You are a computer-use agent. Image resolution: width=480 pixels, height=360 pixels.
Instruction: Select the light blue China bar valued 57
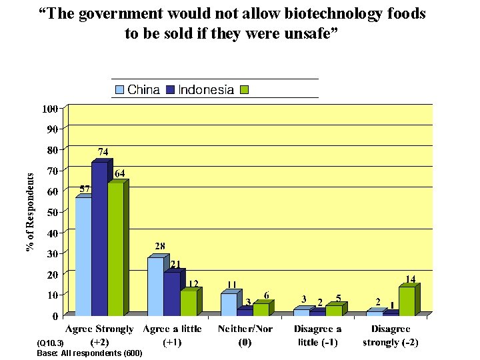83,256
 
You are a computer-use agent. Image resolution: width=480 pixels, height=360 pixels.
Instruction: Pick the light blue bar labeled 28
155,286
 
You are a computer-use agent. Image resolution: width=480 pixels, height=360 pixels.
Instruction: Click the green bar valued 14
407,301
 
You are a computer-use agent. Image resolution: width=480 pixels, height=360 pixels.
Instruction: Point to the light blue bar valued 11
228,303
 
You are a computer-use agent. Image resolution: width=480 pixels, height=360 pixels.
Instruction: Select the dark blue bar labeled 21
171,293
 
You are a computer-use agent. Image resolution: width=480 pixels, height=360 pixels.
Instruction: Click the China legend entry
137,90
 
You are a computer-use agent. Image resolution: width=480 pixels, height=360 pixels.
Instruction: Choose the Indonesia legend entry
199,90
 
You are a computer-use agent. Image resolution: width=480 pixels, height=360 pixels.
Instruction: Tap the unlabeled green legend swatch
244,90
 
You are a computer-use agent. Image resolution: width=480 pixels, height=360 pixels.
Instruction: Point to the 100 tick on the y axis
49,108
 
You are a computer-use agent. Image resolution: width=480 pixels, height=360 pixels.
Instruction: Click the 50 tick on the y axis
51,212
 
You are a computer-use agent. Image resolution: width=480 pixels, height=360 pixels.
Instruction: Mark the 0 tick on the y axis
54,316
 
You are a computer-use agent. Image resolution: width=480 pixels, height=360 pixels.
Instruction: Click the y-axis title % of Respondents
30,209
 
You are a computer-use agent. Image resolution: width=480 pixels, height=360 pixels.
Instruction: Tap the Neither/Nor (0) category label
244,335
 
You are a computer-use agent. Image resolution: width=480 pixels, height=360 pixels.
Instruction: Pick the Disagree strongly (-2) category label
391,335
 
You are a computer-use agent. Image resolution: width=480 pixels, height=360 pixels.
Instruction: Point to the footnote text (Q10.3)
50,343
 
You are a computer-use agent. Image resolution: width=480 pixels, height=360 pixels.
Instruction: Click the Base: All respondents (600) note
89,353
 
